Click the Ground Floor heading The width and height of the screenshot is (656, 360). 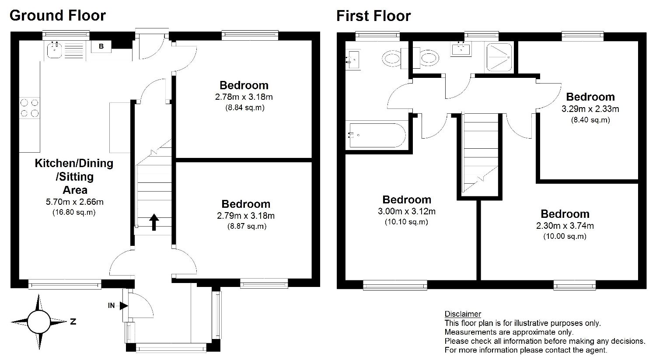pos(58,15)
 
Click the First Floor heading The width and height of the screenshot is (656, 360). pos(373,16)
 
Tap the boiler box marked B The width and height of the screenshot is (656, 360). pos(101,46)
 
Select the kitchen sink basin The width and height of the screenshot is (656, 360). pos(55,50)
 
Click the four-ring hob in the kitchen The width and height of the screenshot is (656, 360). pos(29,108)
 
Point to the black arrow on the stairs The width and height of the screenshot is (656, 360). pos(154,222)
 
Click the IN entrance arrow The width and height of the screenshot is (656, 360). pos(124,306)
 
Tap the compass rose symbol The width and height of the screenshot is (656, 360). pos(39,322)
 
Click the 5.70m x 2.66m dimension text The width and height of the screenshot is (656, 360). pos(75,202)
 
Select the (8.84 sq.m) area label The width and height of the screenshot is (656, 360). pos(245,108)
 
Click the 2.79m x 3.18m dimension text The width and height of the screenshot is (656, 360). pos(246,216)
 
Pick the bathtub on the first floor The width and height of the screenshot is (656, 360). pos(377,135)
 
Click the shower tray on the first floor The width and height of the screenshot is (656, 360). pos(499,57)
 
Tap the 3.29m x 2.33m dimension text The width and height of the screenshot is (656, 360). pos(590,109)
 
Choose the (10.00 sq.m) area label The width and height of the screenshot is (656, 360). pos(565,236)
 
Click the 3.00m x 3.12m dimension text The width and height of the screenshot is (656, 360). pos(406,211)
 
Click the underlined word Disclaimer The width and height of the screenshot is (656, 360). pos(463,314)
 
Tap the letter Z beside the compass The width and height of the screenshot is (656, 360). pos(73,322)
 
